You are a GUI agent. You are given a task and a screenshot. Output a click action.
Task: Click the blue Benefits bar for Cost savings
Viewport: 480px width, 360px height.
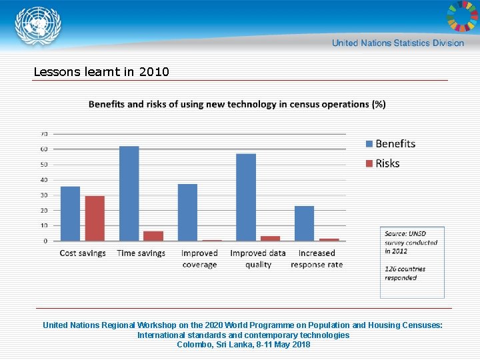coord(70,213)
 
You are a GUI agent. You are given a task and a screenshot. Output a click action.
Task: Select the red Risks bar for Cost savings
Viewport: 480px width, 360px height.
coord(95,218)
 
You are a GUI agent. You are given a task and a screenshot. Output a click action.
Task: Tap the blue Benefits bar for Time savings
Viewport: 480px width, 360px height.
coord(129,193)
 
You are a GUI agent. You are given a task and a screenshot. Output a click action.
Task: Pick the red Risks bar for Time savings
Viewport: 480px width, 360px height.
coord(153,236)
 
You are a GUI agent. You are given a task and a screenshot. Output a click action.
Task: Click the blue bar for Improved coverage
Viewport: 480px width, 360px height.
coord(187,212)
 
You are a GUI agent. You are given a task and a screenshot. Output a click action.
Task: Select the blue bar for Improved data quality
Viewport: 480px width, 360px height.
coord(246,197)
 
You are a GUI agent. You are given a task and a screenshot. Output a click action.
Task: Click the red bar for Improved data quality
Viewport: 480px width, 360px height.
coord(270,238)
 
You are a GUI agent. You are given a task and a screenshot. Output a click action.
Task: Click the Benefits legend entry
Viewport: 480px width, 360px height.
coord(390,144)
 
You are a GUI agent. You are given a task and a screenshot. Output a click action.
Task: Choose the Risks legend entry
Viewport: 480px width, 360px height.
coord(382,163)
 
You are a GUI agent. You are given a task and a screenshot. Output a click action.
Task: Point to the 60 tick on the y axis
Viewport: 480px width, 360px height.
coord(43,149)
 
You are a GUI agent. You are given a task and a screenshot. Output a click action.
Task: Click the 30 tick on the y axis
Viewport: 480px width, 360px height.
coord(43,195)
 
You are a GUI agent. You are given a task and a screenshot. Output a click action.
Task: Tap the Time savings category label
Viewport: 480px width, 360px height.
coord(141,253)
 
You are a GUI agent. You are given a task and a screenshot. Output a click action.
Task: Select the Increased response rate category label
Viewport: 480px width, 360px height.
coord(317,259)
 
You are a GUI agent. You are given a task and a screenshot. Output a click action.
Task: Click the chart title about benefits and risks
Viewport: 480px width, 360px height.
coord(237,104)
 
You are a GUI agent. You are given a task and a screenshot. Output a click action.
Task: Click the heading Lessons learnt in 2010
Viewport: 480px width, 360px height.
coord(101,71)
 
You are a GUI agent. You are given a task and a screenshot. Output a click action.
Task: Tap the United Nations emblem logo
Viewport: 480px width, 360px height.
coord(38,26)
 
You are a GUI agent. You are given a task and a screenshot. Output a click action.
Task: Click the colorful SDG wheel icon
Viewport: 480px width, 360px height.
coord(461,16)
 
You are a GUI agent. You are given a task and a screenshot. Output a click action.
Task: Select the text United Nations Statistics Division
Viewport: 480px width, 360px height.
coord(397,43)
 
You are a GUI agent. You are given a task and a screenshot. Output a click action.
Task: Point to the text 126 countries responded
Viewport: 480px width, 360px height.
coord(405,273)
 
